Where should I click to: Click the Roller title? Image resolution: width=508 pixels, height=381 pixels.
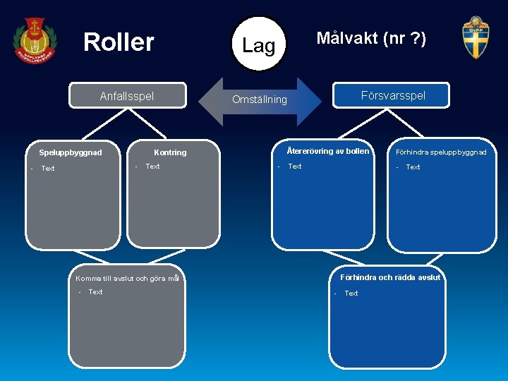119,42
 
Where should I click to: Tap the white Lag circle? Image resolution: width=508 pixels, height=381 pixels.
259,44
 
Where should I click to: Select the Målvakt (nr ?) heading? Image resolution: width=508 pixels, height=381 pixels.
370,38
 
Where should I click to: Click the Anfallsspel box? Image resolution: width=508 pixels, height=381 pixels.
127,96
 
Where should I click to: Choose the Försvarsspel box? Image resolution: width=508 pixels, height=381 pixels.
393,95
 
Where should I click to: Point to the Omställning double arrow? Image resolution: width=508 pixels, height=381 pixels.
260,99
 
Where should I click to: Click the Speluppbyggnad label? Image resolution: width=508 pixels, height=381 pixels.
71,152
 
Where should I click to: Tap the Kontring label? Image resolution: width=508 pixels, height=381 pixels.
170,152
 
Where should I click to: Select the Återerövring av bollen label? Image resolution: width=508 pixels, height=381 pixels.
327,151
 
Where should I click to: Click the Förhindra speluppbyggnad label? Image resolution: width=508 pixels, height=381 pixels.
441,152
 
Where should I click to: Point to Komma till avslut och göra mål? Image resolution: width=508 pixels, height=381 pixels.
128,279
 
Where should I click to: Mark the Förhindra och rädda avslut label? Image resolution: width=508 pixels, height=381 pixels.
390,277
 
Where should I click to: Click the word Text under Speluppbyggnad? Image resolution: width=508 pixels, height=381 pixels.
48,169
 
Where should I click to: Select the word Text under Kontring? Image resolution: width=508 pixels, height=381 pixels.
152,167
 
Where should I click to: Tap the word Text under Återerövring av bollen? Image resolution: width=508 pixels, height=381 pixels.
295,167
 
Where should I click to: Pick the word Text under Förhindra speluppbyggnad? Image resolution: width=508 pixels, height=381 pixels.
413,167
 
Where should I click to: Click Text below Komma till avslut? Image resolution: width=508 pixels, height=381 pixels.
95,292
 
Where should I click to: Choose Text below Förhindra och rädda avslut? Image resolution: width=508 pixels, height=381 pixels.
351,294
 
